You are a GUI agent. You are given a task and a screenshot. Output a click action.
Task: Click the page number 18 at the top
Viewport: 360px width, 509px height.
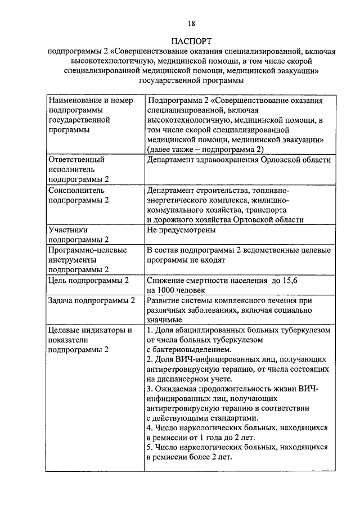[192, 23]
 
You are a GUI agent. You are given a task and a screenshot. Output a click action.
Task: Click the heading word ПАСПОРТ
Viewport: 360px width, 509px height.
[192, 41]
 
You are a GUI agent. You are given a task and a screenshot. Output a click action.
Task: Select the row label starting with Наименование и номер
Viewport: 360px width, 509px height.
[89, 115]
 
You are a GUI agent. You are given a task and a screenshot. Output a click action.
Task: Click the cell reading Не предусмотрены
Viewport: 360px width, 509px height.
[181, 230]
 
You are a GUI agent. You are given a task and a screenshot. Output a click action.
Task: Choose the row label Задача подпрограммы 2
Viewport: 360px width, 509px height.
[92, 300]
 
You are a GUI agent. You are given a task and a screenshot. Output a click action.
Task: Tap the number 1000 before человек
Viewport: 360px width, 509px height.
[168, 290]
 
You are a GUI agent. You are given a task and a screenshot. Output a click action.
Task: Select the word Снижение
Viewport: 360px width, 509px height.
[165, 280]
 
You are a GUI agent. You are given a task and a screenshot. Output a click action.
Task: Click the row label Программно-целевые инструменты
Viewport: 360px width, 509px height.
[87, 260]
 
